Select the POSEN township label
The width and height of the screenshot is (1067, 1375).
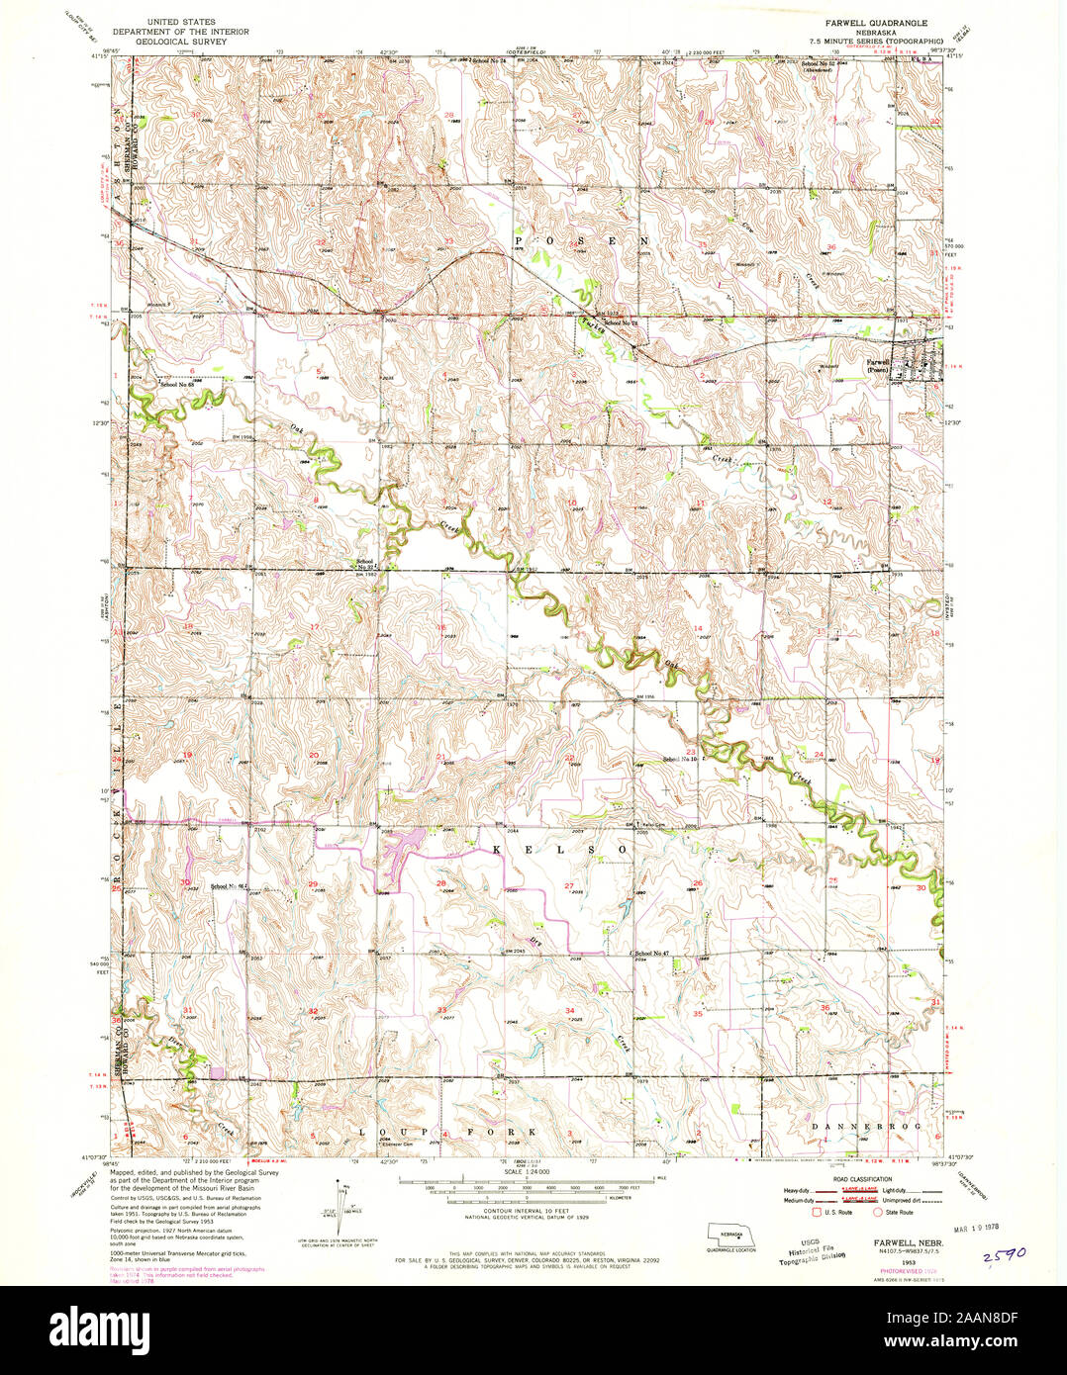point(581,240)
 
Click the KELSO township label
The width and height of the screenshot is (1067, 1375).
point(554,849)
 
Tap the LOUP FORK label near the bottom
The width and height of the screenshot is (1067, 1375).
point(447,1131)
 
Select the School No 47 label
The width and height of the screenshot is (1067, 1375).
point(653,952)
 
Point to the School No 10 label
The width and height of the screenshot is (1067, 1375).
point(681,759)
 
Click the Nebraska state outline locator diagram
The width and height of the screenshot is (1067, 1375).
point(730,1237)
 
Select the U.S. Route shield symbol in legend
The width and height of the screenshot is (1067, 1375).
point(817,1211)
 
